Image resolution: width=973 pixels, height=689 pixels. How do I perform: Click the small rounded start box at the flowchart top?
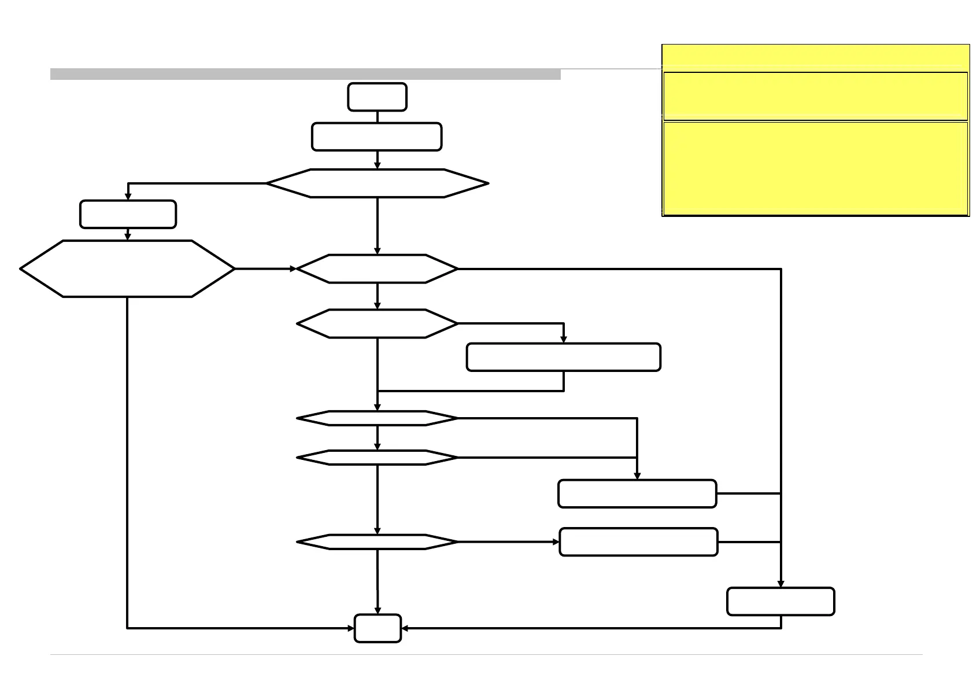pyautogui.click(x=377, y=97)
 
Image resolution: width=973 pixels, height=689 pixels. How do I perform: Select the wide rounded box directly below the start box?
pyautogui.click(x=376, y=137)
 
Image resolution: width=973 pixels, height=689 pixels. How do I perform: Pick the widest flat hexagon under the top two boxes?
pyautogui.click(x=377, y=183)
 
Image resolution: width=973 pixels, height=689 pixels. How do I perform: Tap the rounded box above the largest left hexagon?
pyautogui.click(x=128, y=214)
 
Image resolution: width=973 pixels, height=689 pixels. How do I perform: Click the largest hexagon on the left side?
pyautogui.click(x=127, y=268)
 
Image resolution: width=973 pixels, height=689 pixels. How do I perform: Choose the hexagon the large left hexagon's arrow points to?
pyautogui.click(x=377, y=268)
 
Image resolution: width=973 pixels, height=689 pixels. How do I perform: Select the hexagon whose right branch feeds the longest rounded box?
pyautogui.click(x=377, y=323)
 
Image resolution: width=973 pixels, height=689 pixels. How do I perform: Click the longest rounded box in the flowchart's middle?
pyautogui.click(x=563, y=357)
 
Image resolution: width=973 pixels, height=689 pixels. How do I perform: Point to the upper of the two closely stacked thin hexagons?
pyautogui.click(x=377, y=418)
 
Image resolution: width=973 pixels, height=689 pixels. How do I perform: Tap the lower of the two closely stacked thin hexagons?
pyautogui.click(x=377, y=458)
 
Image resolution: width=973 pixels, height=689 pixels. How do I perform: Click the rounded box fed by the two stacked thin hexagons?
pyautogui.click(x=637, y=493)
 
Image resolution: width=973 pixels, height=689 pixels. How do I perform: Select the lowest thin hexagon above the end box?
pyautogui.click(x=377, y=542)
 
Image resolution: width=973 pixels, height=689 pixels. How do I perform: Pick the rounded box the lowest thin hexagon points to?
pyautogui.click(x=638, y=542)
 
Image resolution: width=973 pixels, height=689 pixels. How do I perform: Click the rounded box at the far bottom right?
pyautogui.click(x=780, y=602)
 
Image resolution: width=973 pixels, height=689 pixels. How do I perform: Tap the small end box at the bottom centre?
pyautogui.click(x=378, y=628)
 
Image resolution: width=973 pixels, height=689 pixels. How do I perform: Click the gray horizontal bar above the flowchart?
pyautogui.click(x=305, y=74)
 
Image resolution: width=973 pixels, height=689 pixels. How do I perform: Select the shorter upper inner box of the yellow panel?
pyautogui.click(x=815, y=96)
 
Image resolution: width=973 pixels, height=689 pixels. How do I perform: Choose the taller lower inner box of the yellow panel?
pyautogui.click(x=815, y=168)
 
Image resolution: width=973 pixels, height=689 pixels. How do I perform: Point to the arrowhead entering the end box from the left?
pyautogui.click(x=350, y=628)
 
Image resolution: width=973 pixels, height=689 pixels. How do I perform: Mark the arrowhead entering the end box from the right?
pyautogui.click(x=405, y=628)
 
